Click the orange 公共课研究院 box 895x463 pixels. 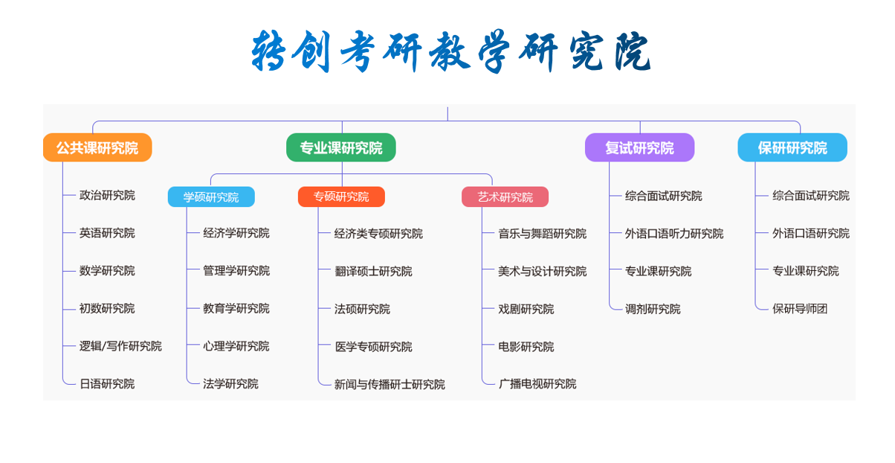click(97, 147)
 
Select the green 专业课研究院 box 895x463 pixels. click(341, 147)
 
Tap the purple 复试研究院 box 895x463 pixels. click(640, 147)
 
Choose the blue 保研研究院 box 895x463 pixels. click(792, 147)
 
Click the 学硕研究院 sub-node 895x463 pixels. click(211, 197)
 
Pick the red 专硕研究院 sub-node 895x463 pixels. click(341, 197)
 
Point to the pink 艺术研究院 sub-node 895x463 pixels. click(505, 197)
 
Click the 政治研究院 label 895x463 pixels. click(107, 195)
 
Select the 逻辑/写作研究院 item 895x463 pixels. click(120, 346)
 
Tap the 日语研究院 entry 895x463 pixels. click(107, 384)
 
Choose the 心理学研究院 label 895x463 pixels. click(236, 346)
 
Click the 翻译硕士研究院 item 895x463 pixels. click(373, 271)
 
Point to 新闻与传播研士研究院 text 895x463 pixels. click(390, 384)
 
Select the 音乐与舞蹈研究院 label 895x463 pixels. click(542, 234)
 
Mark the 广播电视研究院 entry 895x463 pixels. click(537, 384)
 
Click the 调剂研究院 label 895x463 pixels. click(653, 309)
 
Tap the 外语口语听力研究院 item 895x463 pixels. click(674, 234)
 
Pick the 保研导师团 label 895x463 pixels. click(800, 308)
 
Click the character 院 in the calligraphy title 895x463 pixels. click(633, 51)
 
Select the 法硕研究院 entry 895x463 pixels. click(362, 309)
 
